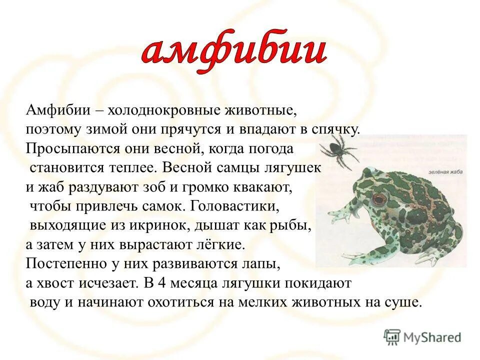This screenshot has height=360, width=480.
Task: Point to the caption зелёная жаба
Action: (x=444, y=172)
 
